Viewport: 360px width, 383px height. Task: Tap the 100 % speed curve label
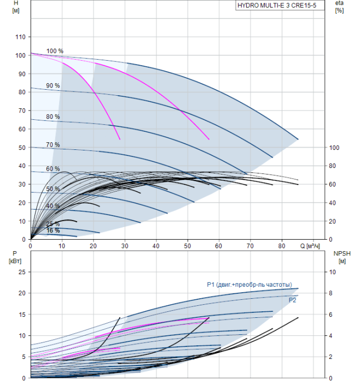(x=55, y=51)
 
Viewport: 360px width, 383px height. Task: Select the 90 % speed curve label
(x=53, y=86)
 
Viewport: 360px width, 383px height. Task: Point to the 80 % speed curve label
(x=53, y=117)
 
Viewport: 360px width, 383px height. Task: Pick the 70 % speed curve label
(x=53, y=145)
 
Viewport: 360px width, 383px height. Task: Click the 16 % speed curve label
(x=53, y=231)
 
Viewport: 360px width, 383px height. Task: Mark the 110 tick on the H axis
(x=20, y=37)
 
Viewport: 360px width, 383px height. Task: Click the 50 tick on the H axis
(x=22, y=148)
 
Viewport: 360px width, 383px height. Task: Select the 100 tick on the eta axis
(x=335, y=148)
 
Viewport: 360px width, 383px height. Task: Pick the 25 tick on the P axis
(x=22, y=272)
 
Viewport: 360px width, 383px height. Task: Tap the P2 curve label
(x=293, y=300)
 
